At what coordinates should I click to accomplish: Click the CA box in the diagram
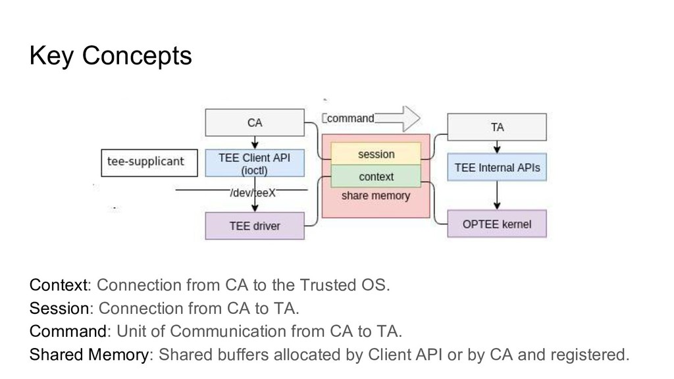pyautogui.click(x=255, y=122)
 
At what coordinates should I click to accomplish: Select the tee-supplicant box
pyautogui.click(x=149, y=163)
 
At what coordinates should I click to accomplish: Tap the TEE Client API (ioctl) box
pyautogui.click(x=255, y=163)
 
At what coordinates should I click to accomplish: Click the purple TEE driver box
pyautogui.click(x=255, y=226)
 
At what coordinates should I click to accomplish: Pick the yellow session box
pyautogui.click(x=376, y=154)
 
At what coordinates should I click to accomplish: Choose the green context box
pyautogui.click(x=376, y=176)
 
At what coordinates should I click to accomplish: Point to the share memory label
pyautogui.click(x=376, y=195)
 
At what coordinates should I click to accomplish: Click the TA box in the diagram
pyautogui.click(x=497, y=127)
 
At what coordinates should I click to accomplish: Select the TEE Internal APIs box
pyautogui.click(x=497, y=167)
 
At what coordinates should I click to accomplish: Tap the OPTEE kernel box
pyautogui.click(x=497, y=224)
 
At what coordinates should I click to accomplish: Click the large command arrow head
pyautogui.click(x=411, y=118)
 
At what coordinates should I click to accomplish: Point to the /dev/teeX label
pyautogui.click(x=253, y=193)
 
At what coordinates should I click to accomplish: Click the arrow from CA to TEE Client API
pyautogui.click(x=255, y=143)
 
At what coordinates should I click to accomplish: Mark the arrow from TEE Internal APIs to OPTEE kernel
pyautogui.click(x=497, y=195)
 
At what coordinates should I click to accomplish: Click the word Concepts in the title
pyautogui.click(x=137, y=56)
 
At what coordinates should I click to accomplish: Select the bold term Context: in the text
pyautogui.click(x=60, y=285)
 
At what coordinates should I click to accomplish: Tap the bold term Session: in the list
pyautogui.click(x=61, y=308)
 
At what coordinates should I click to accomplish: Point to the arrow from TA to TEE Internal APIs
pyautogui.click(x=497, y=147)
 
